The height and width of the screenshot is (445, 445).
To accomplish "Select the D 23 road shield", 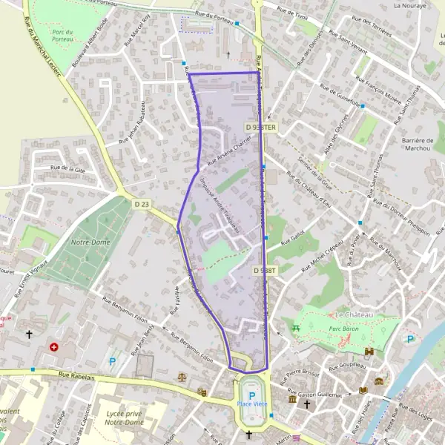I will point(142,203).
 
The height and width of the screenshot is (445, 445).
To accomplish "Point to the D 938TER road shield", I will point(260,128).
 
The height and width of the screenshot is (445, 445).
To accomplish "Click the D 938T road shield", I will point(264,271).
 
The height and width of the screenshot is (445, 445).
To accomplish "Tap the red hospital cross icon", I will point(53,346).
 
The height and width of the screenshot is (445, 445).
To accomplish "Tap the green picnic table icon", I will point(297,327).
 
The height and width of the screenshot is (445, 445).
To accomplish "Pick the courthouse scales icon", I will point(182,376).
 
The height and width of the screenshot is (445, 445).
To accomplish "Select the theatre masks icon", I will point(201,391).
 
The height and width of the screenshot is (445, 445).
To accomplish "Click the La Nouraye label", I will point(407,5).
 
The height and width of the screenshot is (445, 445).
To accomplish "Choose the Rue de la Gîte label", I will point(68,169).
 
